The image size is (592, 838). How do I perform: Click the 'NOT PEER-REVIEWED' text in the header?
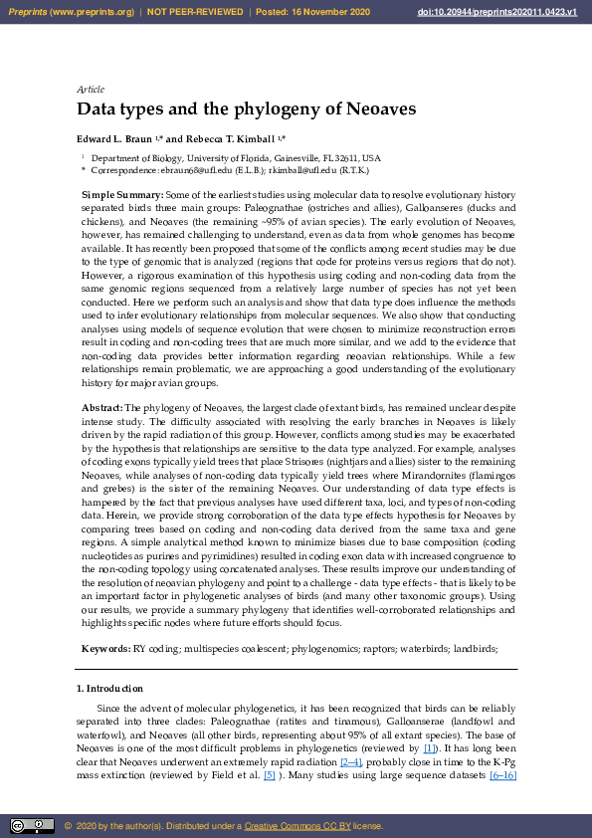click(195, 12)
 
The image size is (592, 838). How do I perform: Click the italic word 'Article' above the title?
click(91, 90)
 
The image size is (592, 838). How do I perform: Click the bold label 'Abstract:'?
click(101, 408)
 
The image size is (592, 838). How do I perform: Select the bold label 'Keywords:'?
click(104, 649)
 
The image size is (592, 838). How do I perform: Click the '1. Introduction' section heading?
click(109, 689)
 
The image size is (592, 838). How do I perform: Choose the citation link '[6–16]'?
click(498, 774)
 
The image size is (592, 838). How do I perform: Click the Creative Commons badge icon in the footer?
click(32, 825)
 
